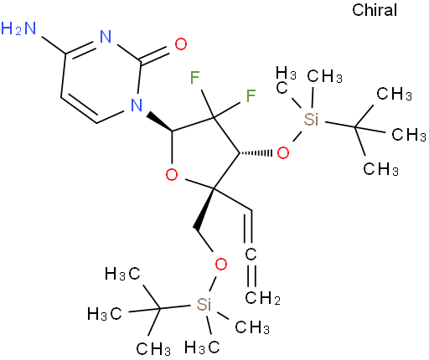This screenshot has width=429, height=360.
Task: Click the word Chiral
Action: pos(375,10)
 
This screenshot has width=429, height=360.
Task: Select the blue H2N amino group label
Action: pos(18,28)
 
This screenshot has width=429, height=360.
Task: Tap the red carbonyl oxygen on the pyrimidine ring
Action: pos(181,44)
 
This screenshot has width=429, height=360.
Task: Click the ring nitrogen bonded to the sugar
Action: pos(137,105)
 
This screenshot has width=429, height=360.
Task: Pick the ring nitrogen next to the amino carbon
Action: pos(106,37)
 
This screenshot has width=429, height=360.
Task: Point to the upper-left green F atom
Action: pos(194,77)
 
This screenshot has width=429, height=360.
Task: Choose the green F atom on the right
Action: pos(251,95)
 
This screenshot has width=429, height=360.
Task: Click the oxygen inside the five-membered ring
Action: pos(172,175)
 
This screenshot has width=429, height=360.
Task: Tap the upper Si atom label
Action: pos(311,120)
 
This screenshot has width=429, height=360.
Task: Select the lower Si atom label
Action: pos(204,304)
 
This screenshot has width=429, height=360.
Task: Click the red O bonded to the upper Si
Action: pos(283,152)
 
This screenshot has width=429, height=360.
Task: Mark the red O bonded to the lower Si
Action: pos(221,264)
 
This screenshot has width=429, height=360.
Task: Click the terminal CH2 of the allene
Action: pos(262,298)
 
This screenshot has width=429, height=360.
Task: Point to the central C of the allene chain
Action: pos(251,254)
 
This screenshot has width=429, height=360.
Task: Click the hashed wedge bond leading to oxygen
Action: pos(256,153)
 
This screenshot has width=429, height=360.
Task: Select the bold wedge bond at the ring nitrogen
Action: pos(160,121)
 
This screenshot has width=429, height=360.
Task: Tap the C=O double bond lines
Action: pos(155,54)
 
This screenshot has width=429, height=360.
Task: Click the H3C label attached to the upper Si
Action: pos(286,80)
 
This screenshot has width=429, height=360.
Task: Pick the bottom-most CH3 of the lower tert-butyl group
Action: pos(153,349)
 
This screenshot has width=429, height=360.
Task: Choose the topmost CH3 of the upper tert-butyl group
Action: pos(394,94)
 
